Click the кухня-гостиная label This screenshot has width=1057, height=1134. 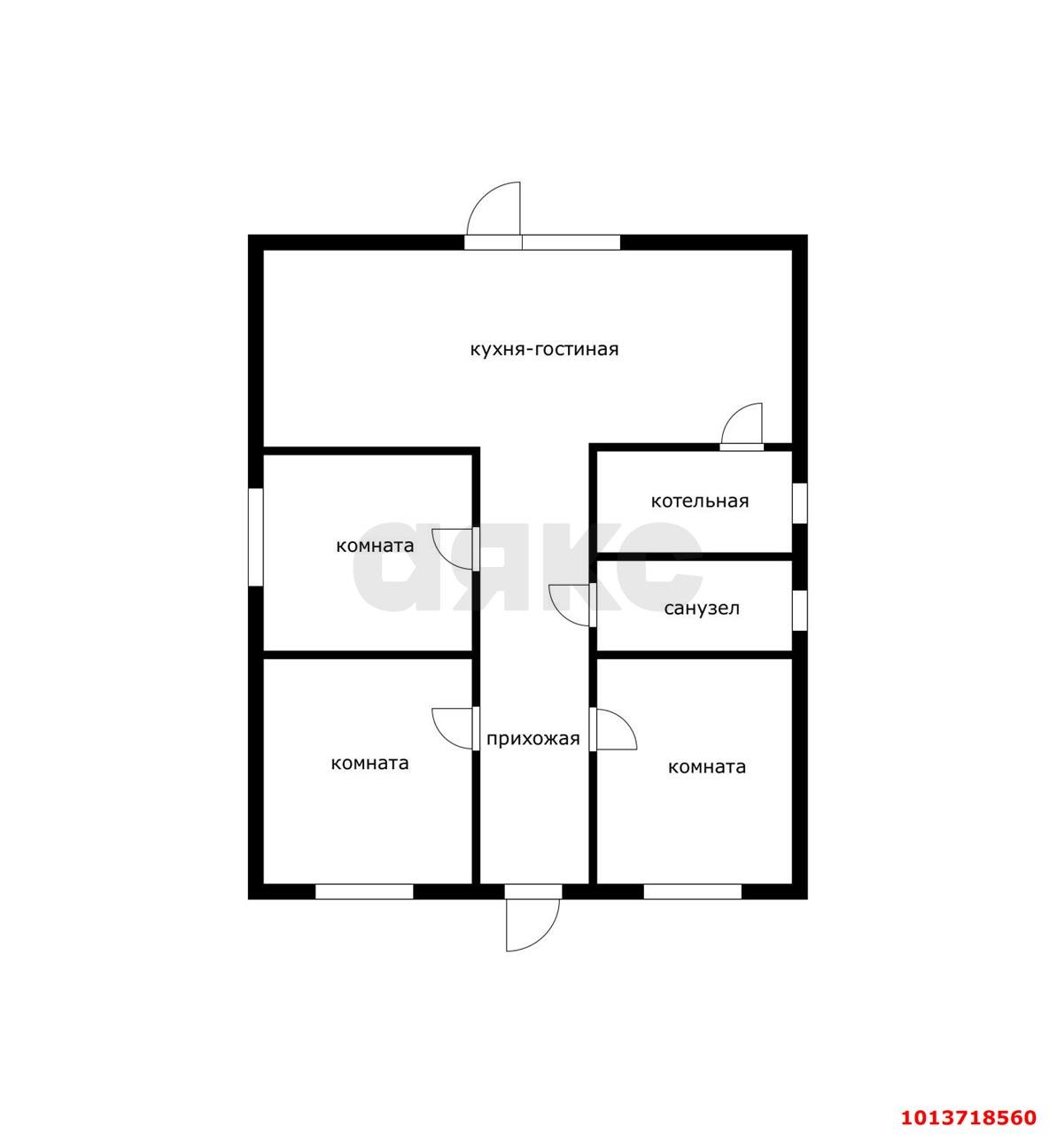coord(544,349)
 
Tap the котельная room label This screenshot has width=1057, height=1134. coord(700,501)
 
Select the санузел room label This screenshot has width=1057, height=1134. coord(702,608)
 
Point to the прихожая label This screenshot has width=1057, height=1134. coord(532,739)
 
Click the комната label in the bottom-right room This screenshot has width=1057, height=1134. coord(707,766)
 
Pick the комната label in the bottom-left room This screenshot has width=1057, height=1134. coord(370,763)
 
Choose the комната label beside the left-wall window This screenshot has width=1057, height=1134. coord(375,546)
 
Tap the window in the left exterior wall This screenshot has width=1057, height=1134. coord(255,537)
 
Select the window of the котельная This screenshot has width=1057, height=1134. coord(800,503)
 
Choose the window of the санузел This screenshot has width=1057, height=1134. coord(800,610)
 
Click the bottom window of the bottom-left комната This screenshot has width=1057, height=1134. coord(364,891)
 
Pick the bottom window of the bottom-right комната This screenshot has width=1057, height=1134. coord(693,891)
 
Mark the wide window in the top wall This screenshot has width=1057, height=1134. coord(571,243)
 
